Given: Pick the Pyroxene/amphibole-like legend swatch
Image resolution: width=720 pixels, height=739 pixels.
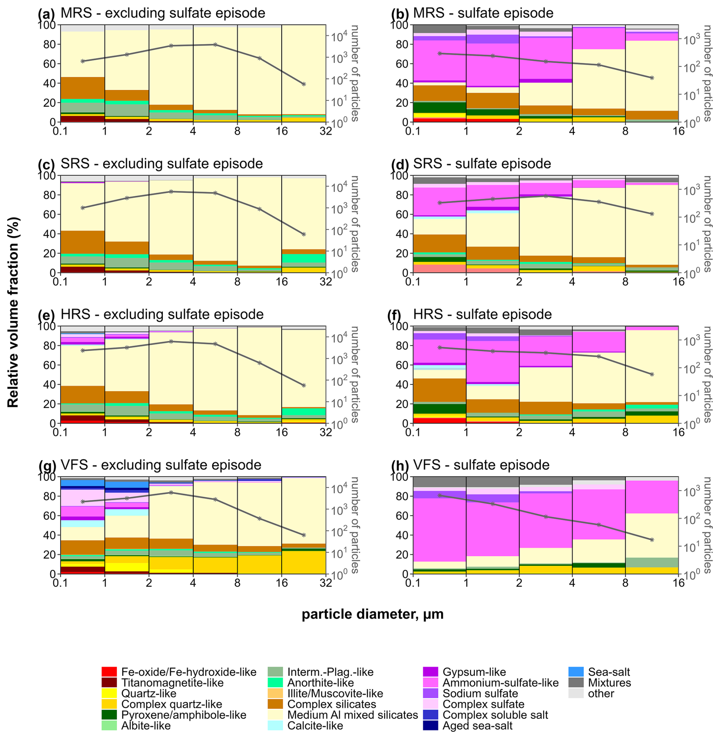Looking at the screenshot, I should (x=109, y=715).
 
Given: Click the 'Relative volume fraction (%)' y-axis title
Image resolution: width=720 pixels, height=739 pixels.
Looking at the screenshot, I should (x=13, y=312).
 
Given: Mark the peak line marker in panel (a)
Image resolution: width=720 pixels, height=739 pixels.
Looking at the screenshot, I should (x=215, y=45).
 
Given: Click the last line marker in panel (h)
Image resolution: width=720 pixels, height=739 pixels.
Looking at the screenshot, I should (x=652, y=540).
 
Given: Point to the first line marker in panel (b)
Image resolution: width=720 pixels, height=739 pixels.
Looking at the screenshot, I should (x=440, y=53).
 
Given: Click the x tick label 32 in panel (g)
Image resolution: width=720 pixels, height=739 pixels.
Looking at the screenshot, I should (x=326, y=583).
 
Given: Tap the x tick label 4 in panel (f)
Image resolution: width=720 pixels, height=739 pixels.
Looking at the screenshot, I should (x=572, y=432).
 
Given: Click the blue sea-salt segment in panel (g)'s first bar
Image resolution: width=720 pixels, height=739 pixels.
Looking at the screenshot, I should (x=82, y=483).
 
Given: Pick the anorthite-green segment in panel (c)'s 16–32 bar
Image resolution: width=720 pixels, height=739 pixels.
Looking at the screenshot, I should (x=304, y=258).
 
